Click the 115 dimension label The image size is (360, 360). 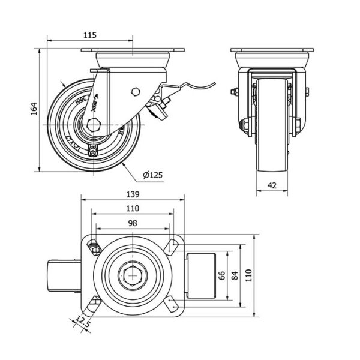89,35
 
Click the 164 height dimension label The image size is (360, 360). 34,108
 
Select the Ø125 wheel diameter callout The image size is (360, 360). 153,175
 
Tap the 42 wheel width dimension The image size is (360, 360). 272,186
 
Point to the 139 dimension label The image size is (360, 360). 133,194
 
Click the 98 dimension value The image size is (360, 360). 133,222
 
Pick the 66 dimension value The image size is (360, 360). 220,275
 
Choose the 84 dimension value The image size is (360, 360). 235,275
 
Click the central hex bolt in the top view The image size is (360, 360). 133,276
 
